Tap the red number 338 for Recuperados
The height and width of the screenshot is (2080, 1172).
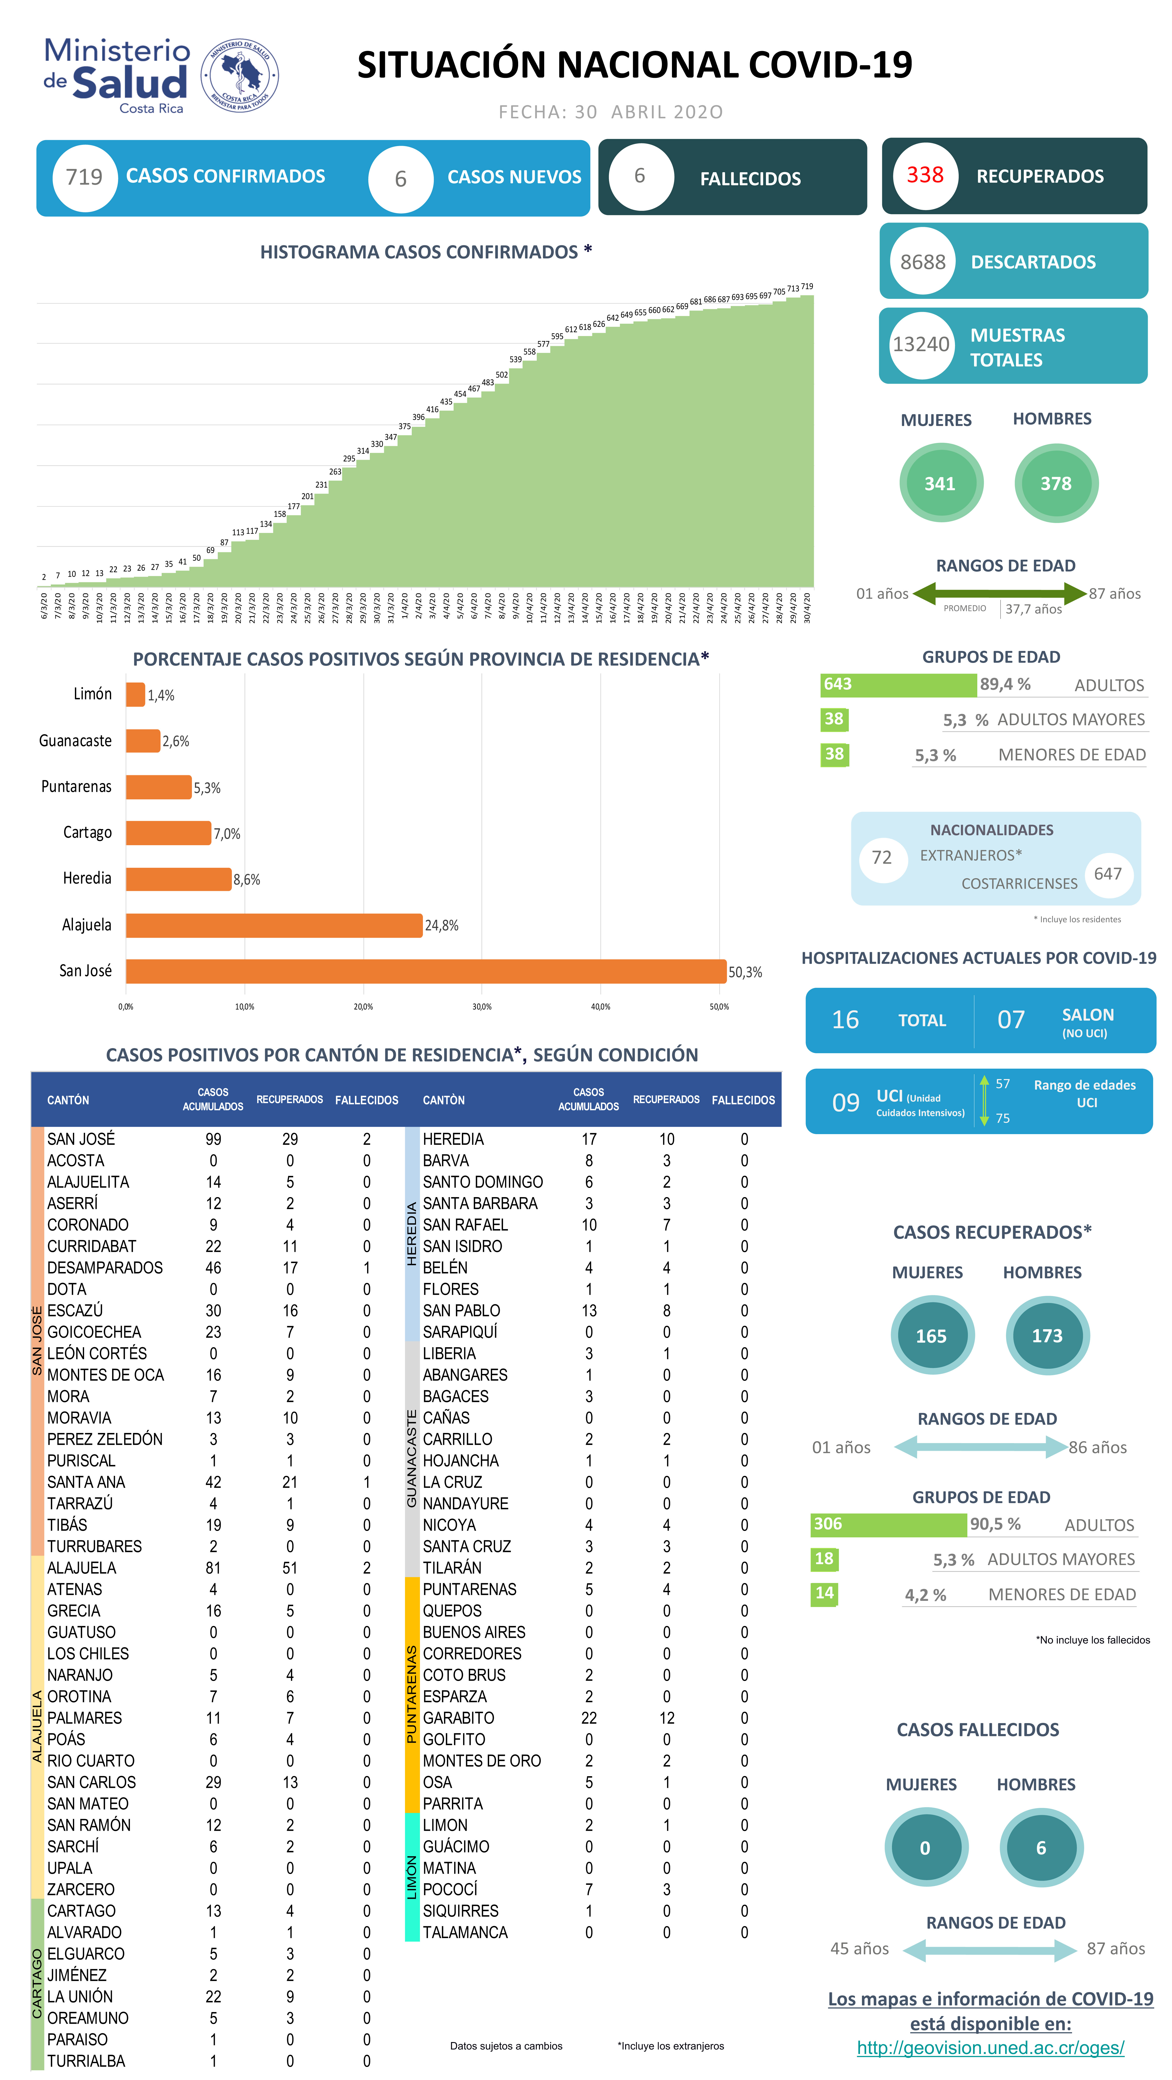[x=925, y=175]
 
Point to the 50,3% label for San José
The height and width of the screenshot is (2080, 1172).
[x=745, y=972]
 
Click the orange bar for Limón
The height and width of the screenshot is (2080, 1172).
[x=135, y=694]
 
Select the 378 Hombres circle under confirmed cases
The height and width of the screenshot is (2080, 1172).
[x=1056, y=484]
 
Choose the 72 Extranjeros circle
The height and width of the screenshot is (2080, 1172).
[x=882, y=858]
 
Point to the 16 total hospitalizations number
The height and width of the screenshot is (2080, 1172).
[x=845, y=1020]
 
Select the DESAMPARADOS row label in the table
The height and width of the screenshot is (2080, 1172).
[x=105, y=1268]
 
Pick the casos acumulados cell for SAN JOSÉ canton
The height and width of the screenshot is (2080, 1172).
[x=213, y=1139]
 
